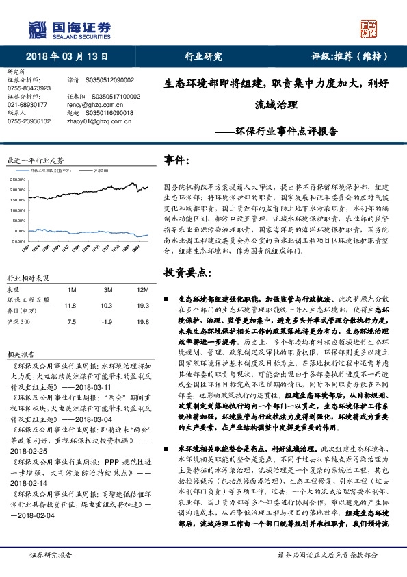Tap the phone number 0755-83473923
coord(29,88)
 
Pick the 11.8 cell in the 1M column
coord(70,305)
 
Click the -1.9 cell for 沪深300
coord(105,321)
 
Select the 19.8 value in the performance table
coord(142,321)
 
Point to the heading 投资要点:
coord(185,273)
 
